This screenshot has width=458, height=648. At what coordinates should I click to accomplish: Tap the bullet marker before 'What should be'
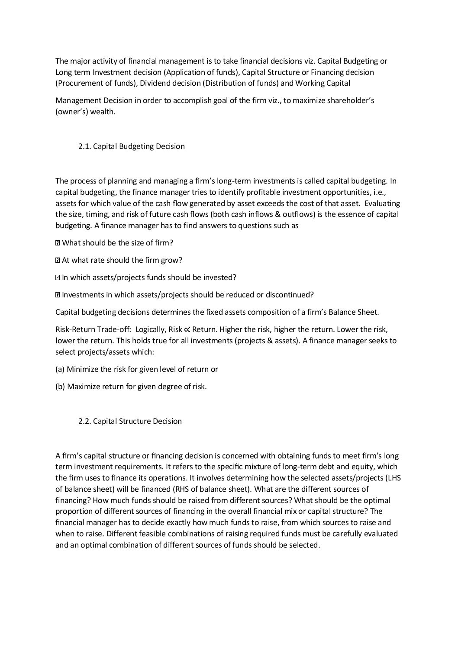tap(58, 243)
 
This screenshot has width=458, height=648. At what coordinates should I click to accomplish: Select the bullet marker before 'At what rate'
tap(58, 261)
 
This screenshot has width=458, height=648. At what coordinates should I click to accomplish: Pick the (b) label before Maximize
tap(60, 387)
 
